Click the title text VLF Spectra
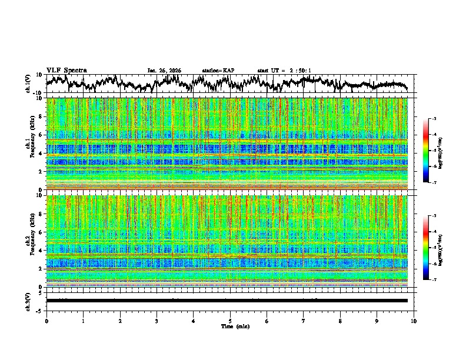[66, 71]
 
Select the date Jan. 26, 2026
[164, 71]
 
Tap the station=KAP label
[218, 71]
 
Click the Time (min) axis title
[235, 326]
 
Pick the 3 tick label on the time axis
[157, 321]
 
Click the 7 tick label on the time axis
[304, 321]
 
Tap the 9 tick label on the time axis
[377, 321]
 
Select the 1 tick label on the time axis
[83, 321]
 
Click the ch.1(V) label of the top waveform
[28, 84]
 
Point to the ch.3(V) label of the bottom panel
[28, 300]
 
